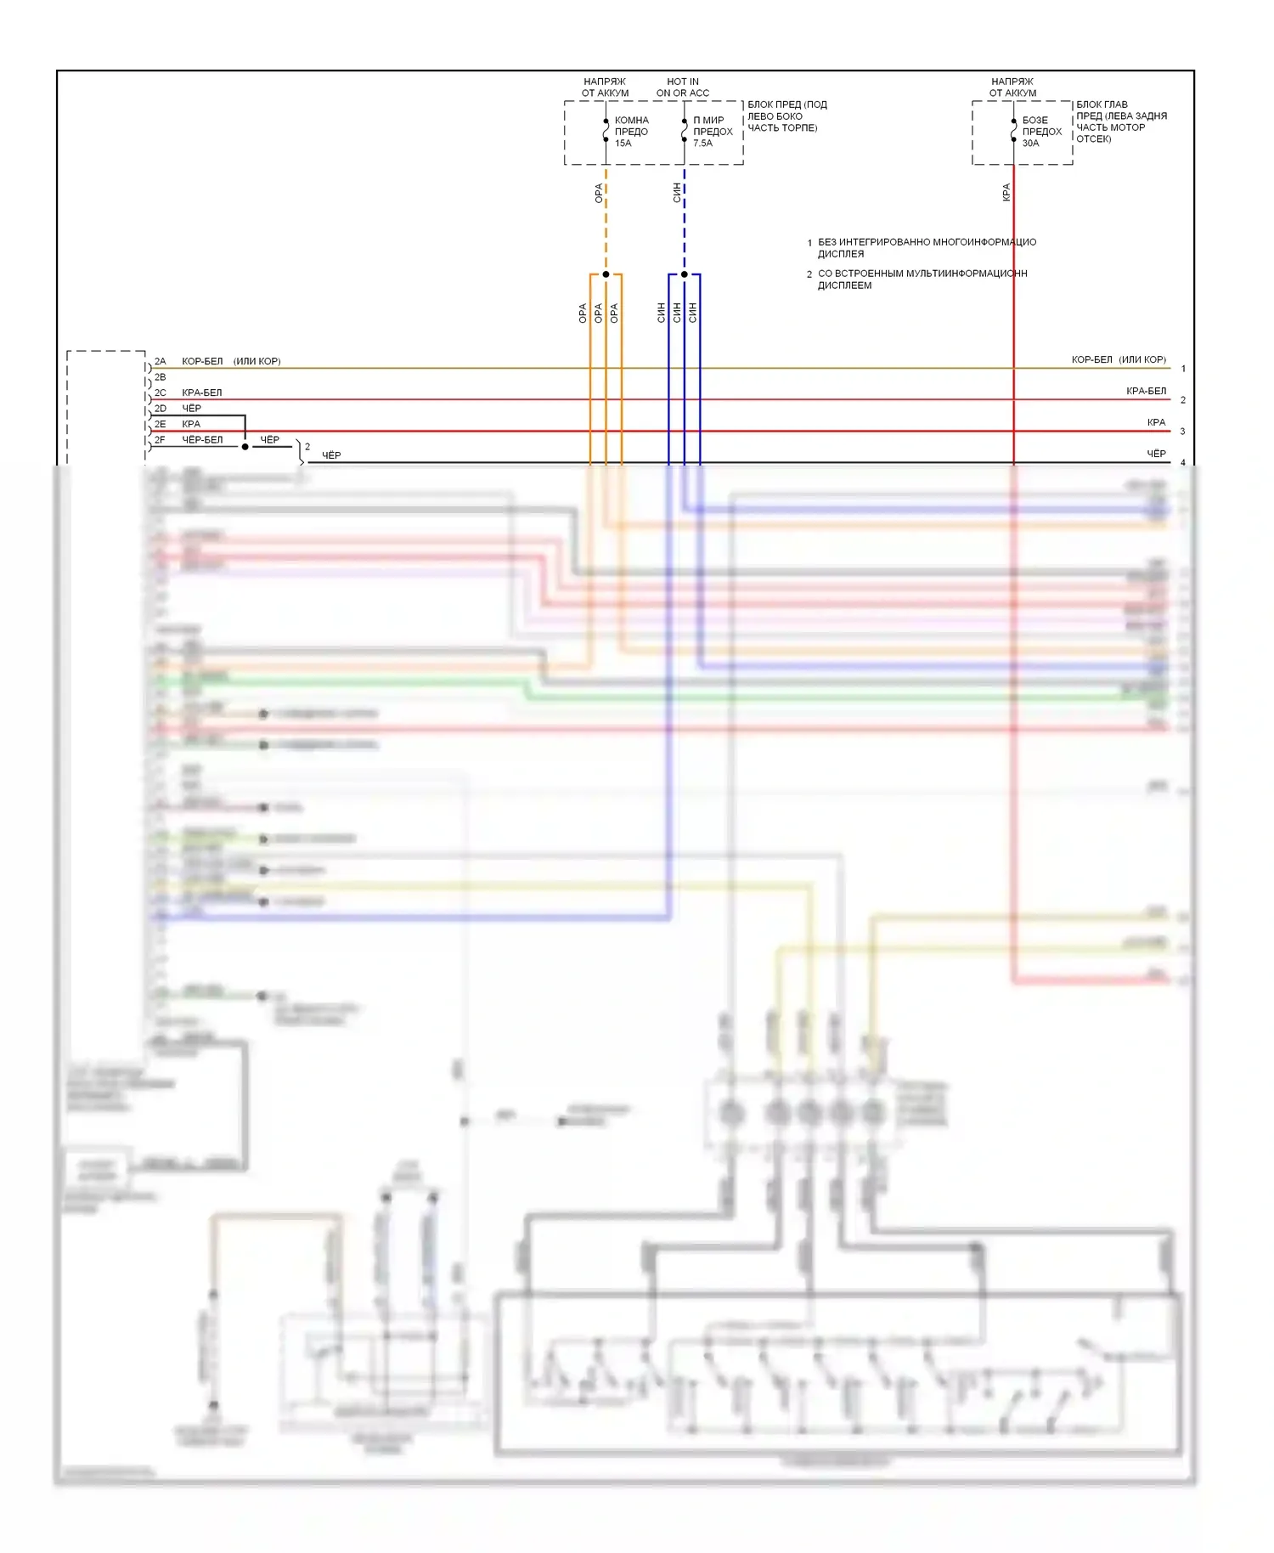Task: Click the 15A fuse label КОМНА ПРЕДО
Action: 631,132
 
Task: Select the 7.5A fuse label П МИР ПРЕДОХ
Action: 712,132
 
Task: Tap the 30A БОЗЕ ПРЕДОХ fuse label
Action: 1041,132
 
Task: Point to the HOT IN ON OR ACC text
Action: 682,88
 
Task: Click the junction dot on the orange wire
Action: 606,274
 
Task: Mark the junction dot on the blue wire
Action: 685,274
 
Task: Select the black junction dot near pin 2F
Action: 245,447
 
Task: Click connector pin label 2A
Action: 160,362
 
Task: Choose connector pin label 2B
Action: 160,377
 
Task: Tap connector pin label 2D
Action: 160,409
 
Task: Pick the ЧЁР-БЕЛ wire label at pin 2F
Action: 202,440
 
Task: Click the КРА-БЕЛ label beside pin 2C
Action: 201,392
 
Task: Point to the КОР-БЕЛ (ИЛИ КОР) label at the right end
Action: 1118,360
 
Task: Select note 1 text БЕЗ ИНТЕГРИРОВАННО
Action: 926,248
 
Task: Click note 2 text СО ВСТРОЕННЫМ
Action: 922,280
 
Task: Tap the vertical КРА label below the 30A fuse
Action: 1006,193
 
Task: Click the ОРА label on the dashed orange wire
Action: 599,193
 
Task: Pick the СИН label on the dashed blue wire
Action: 677,193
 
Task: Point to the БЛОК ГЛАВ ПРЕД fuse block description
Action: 1121,121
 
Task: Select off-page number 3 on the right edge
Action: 1182,432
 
